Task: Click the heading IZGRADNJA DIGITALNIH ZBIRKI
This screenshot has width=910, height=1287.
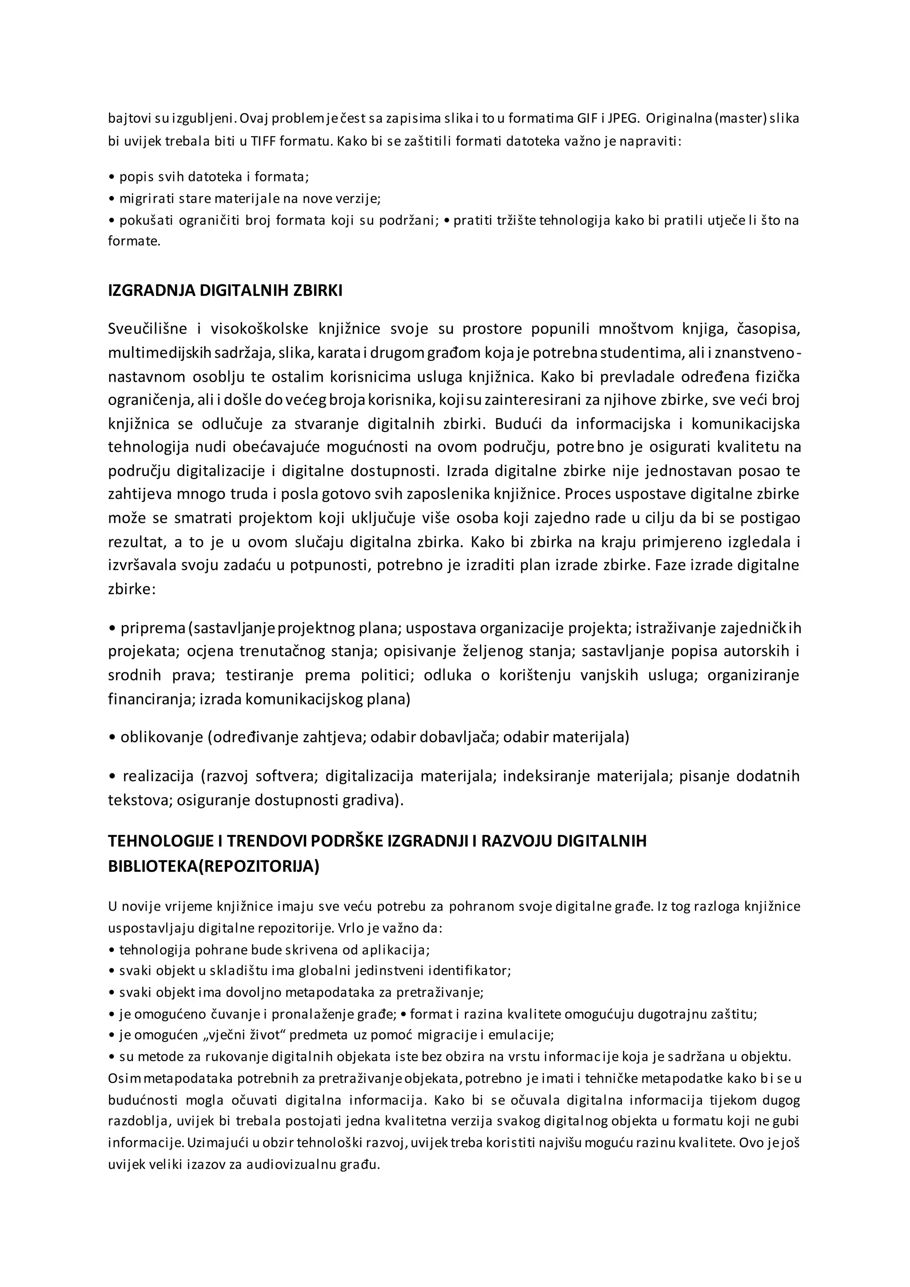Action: click(225, 290)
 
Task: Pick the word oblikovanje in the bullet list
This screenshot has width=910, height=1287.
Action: click(161, 736)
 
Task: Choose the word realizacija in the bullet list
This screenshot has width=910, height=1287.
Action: click(158, 776)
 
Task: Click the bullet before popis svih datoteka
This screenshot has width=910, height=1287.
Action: click(111, 178)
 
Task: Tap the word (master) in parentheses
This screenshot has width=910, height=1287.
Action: click(740, 118)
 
